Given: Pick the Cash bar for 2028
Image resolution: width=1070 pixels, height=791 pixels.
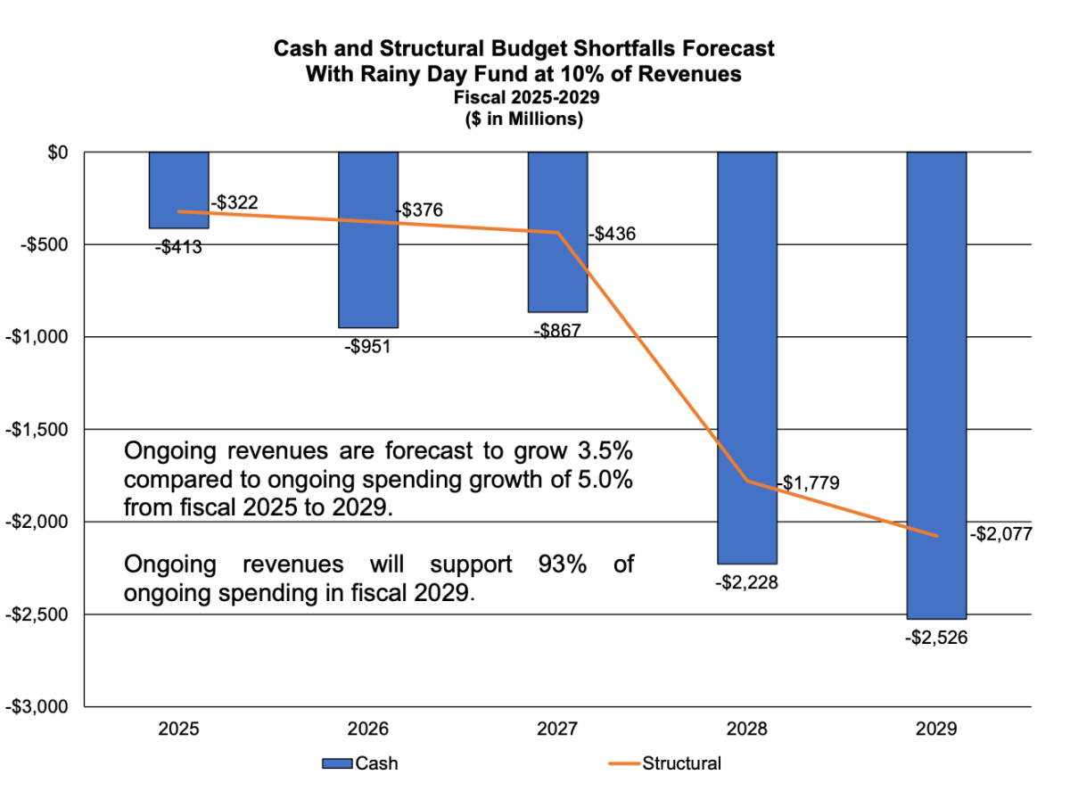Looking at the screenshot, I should coord(747,357).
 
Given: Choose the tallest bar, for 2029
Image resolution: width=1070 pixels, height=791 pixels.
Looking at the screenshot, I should coord(936,383).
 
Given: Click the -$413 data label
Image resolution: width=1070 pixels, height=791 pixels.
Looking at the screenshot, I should coord(178,247).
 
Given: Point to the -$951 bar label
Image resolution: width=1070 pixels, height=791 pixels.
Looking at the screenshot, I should coord(367,346).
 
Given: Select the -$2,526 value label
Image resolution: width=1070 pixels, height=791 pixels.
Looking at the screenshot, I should coord(936,638).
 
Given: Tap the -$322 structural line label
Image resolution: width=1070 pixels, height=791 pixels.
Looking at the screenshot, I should coord(235,203).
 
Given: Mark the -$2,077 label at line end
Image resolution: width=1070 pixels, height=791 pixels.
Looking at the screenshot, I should coord(1000,536).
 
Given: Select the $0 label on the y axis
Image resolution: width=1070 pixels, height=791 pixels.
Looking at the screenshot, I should coord(57,152).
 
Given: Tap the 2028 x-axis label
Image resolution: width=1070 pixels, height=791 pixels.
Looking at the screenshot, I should coord(747,729).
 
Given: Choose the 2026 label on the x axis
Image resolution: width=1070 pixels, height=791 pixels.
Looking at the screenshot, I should coord(367,729).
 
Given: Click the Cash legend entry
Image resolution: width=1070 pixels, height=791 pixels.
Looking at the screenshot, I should coord(360,763).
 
